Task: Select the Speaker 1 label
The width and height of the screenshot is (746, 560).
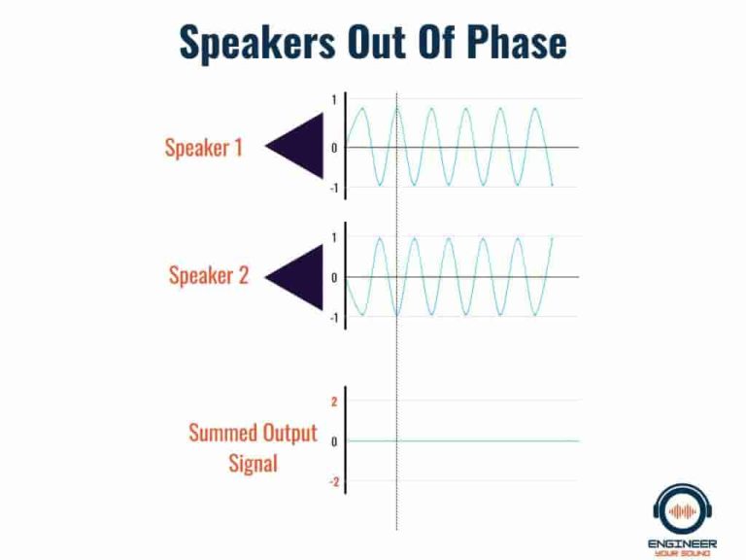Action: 203,148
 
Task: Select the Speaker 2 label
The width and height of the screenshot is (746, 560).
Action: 208,275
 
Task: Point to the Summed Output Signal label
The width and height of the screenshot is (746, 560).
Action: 253,447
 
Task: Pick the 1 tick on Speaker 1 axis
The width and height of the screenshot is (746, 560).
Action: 334,100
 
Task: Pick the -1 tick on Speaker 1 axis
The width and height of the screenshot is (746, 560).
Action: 333,188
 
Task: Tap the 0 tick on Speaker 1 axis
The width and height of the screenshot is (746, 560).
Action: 334,148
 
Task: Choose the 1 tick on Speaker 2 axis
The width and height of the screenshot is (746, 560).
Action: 334,238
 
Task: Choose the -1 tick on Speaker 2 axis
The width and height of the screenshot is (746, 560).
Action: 333,318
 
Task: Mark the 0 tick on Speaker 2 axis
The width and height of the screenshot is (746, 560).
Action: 334,278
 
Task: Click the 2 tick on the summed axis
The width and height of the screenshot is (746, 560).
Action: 334,401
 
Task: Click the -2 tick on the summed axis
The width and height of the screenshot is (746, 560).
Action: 333,482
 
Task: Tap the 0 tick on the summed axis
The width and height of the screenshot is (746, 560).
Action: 334,441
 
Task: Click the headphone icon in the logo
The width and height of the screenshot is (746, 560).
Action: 684,509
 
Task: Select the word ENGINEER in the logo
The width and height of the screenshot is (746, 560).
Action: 684,542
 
